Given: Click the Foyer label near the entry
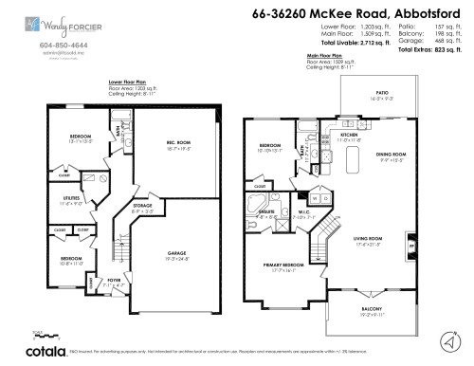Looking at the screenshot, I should pos(112,281).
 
